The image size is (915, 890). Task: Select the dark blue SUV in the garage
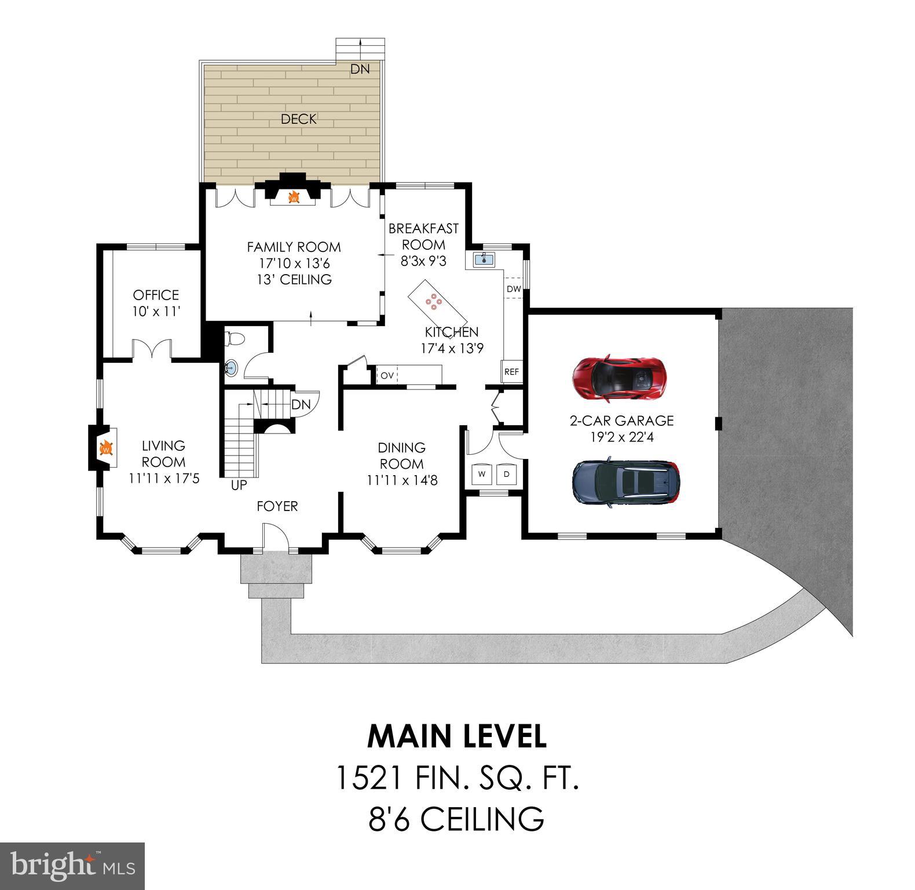tap(626, 482)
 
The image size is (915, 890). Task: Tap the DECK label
tap(299, 119)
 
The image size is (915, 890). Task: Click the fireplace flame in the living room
tap(106, 448)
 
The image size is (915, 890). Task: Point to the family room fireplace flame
tap(294, 198)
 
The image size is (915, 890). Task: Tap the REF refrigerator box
tap(511, 372)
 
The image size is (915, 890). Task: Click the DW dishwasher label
tap(514, 289)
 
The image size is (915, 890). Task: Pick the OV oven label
tap(387, 375)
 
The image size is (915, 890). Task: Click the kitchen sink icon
tap(484, 259)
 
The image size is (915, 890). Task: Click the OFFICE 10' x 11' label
tap(156, 303)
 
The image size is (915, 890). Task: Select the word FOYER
tap(277, 506)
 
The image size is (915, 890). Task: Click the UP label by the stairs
tap(239, 486)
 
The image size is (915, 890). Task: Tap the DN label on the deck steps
tap(360, 69)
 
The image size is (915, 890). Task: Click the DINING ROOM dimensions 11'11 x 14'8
tap(402, 480)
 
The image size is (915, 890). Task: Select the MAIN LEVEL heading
tap(457, 736)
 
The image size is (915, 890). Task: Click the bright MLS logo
tap(72, 866)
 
